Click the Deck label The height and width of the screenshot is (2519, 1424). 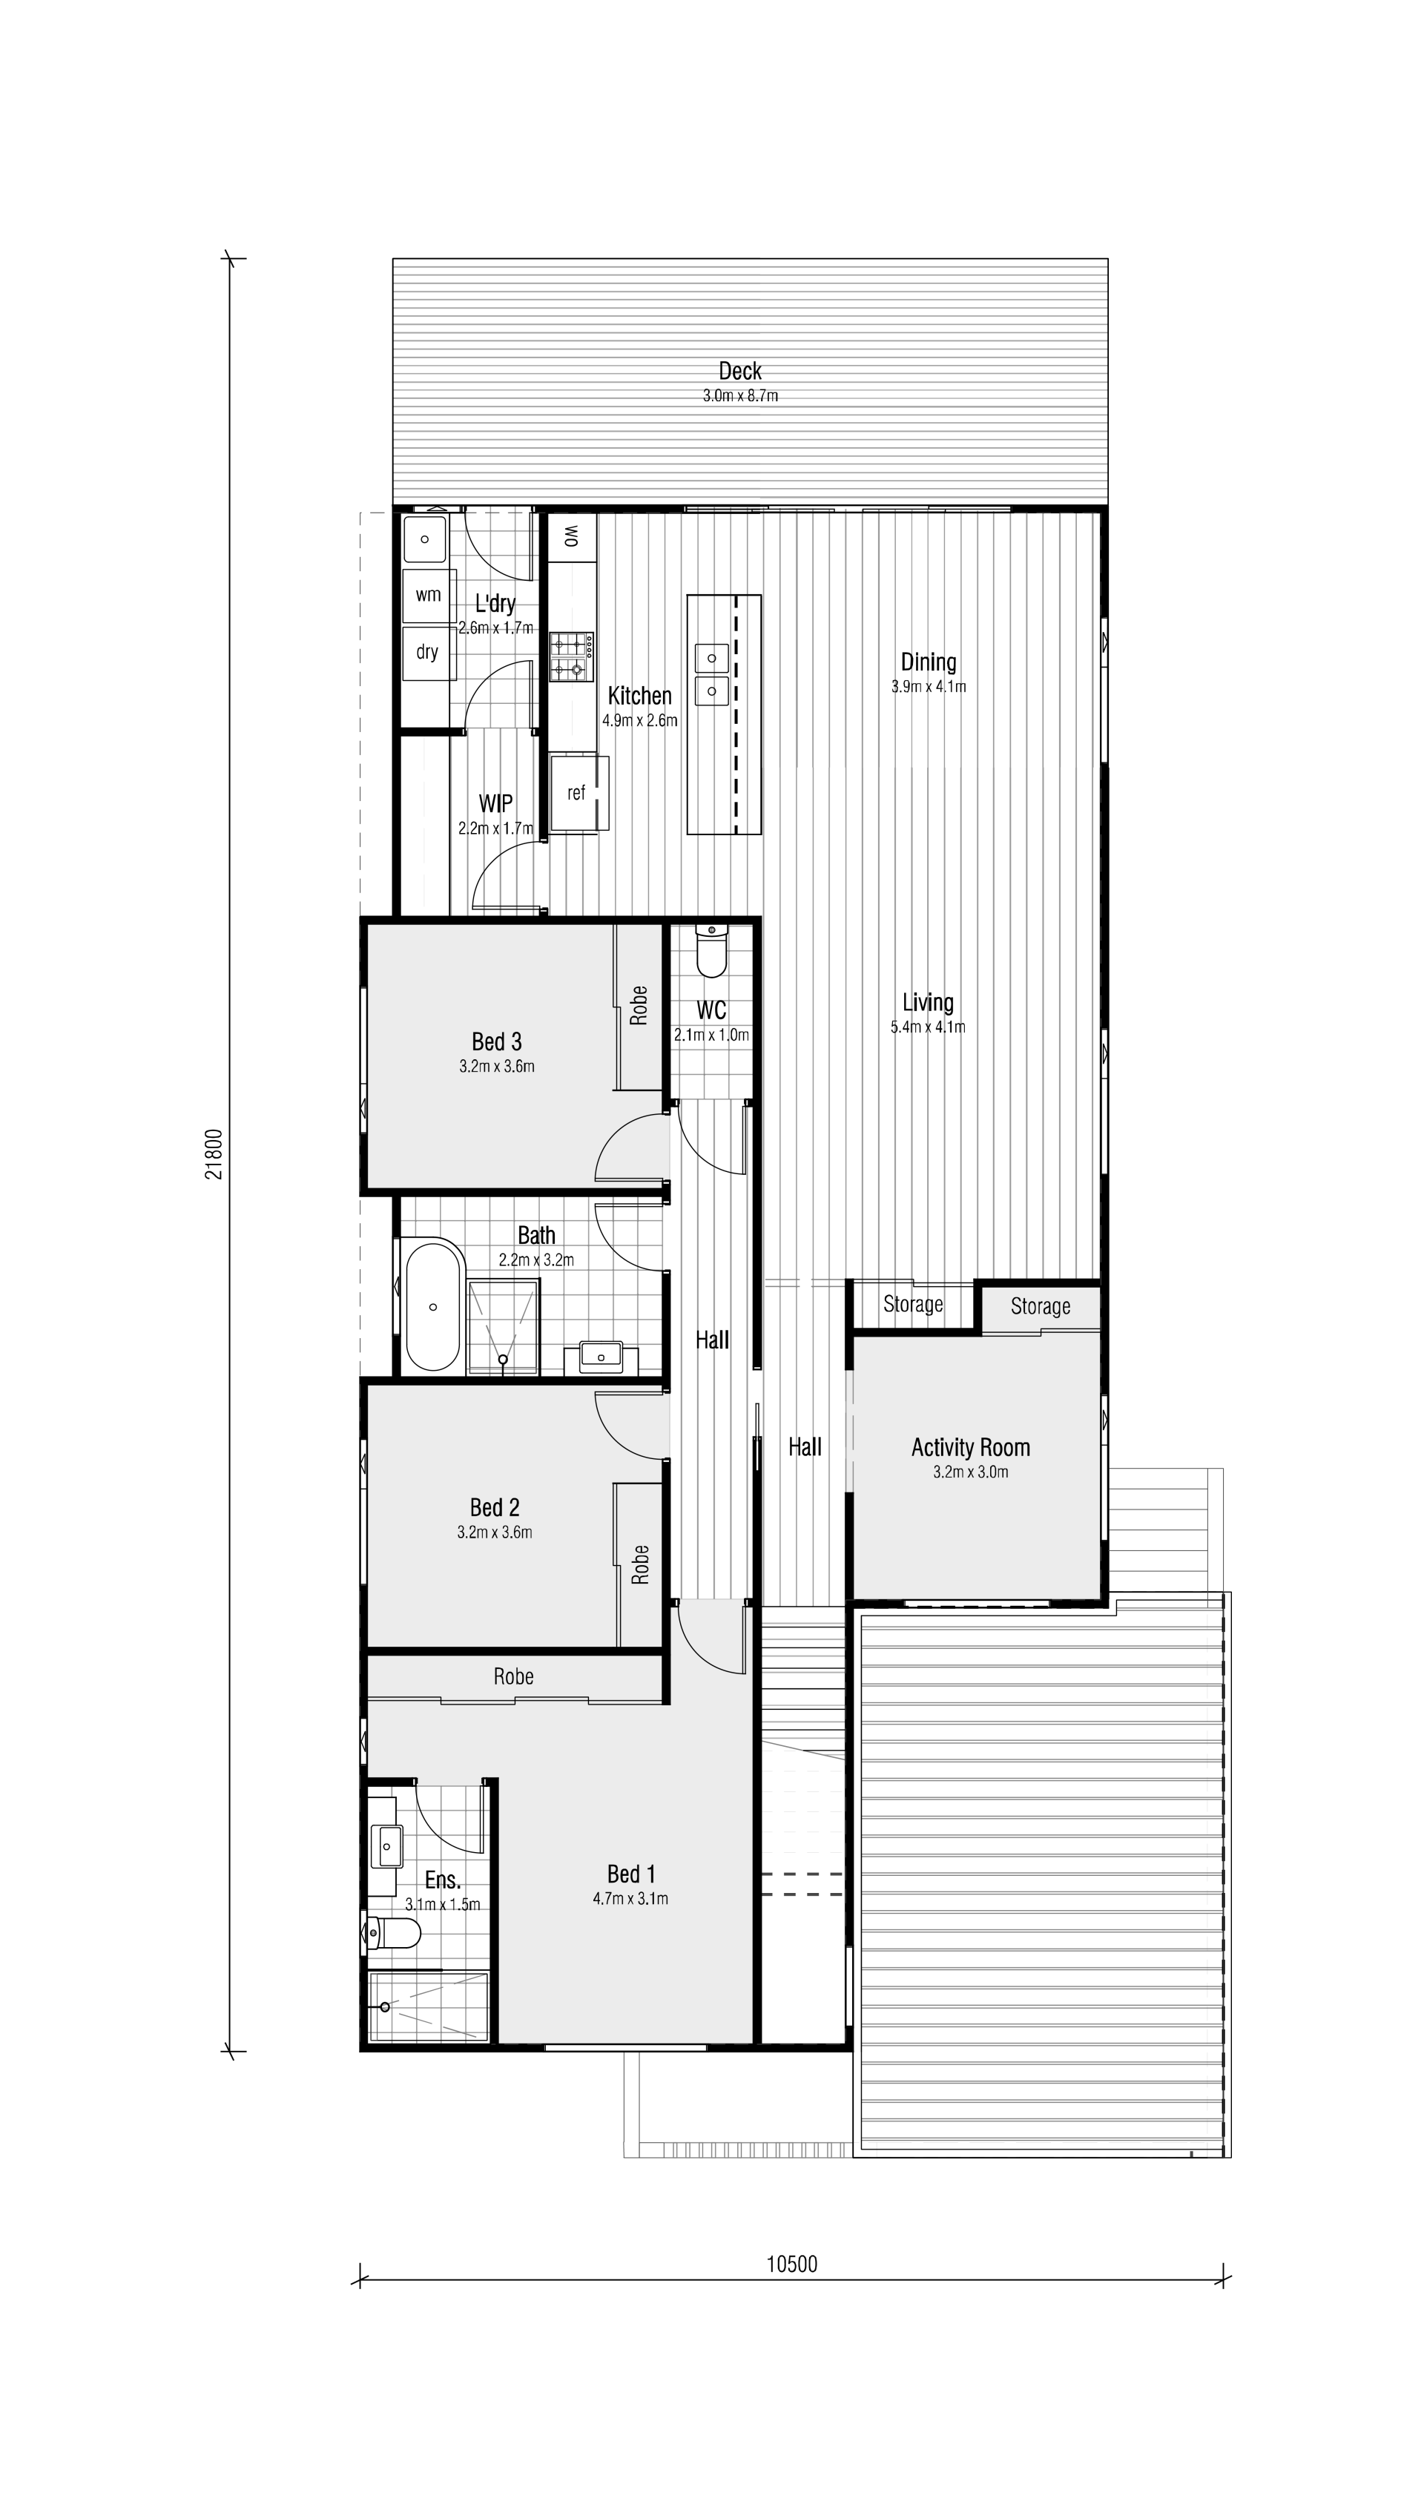(739, 371)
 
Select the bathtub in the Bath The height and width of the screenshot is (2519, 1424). (432, 1305)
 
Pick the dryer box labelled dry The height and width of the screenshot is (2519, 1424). (427, 652)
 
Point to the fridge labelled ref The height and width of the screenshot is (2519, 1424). (577, 793)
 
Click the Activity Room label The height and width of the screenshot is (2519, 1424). (970, 1447)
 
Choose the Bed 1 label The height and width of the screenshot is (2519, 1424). (631, 1874)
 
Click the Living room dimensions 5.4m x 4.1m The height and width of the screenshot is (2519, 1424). (927, 1027)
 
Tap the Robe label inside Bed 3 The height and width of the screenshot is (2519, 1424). (639, 1005)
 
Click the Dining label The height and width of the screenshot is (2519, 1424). (928, 662)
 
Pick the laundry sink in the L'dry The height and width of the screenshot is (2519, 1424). (426, 538)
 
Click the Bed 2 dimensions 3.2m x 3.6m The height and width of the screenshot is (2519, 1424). (495, 1532)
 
